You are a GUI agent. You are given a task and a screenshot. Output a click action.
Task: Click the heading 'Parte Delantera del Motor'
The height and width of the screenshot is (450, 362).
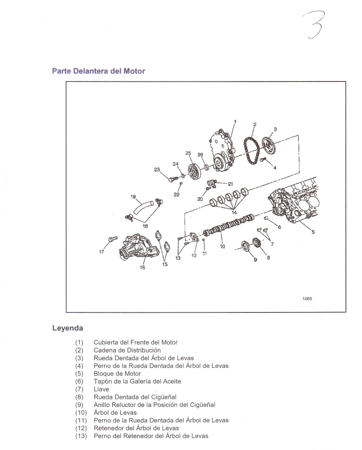(98, 71)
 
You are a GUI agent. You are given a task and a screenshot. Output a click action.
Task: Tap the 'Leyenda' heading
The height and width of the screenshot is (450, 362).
(67, 327)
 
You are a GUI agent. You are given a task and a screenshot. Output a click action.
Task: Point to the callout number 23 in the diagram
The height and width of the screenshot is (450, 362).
(157, 170)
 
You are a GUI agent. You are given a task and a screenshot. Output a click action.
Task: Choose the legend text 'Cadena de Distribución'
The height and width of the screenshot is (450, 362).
(127, 350)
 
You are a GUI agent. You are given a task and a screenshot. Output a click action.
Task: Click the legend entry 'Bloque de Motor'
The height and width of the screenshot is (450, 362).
(117, 374)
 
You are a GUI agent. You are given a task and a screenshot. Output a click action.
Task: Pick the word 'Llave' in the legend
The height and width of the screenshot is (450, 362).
(102, 389)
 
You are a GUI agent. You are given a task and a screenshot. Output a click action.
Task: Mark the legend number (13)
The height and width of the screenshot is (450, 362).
(81, 436)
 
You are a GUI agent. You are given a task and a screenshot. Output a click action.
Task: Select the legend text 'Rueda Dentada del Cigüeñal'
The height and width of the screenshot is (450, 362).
(135, 397)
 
